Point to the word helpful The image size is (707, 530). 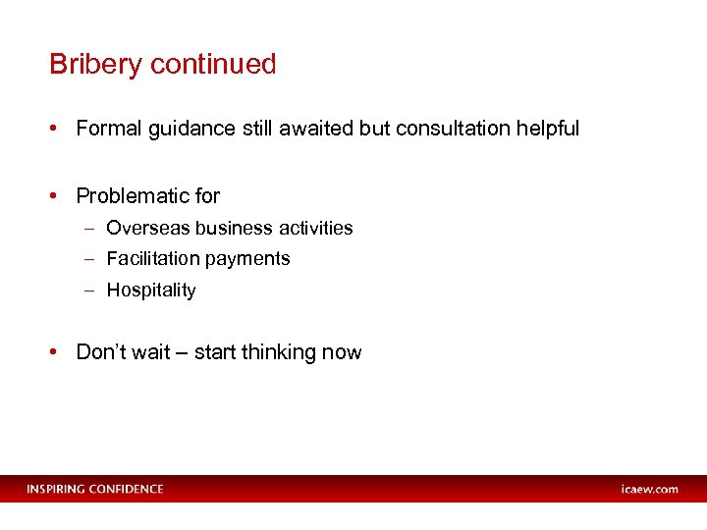click(549, 129)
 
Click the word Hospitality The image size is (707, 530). click(151, 291)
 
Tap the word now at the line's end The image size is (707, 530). click(345, 352)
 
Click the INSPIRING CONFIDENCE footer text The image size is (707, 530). click(95, 489)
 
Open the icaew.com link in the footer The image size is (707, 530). click(649, 489)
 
